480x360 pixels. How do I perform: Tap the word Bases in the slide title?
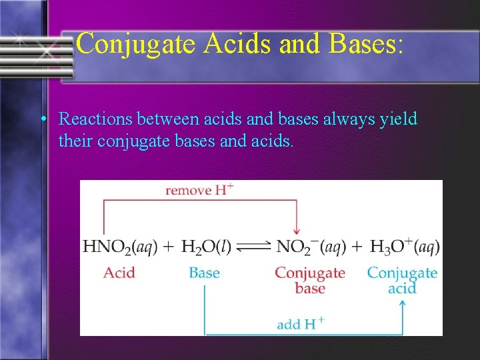(x=364, y=45)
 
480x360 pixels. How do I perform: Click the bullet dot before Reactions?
(x=43, y=120)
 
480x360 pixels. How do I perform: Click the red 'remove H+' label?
(x=199, y=191)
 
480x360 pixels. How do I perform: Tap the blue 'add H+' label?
(x=300, y=325)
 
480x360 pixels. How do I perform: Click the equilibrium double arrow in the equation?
(x=254, y=247)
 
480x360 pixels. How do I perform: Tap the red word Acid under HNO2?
(x=119, y=273)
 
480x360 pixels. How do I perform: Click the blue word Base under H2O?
(x=204, y=273)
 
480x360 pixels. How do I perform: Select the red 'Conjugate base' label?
(x=310, y=280)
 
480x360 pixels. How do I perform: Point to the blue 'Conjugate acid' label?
(x=402, y=280)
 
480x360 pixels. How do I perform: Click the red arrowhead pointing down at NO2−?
(x=297, y=231)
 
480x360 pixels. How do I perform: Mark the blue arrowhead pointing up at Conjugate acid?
(x=402, y=304)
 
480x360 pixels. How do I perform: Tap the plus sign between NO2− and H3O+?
(x=356, y=247)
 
